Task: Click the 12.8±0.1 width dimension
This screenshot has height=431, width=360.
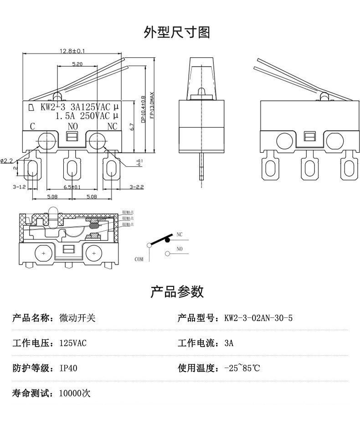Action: tap(73, 51)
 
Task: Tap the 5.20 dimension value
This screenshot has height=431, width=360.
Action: tap(77, 64)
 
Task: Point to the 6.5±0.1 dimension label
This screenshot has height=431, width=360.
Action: tap(72, 187)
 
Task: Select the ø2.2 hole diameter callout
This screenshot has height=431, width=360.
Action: tap(7, 160)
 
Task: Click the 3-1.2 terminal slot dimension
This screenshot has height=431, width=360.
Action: tap(19, 187)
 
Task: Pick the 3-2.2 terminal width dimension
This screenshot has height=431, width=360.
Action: tap(137, 187)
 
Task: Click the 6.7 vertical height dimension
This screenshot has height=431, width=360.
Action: tap(131, 127)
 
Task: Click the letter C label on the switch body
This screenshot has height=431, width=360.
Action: tap(33, 126)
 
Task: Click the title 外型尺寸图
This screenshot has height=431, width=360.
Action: tap(177, 32)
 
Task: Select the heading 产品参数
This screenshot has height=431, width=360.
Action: tap(177, 291)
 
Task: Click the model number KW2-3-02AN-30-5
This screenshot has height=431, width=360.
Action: tap(258, 318)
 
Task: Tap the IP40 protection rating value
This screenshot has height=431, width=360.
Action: tap(68, 368)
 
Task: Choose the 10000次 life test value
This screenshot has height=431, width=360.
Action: tap(75, 393)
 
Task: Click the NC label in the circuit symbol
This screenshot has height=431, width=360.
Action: tap(180, 234)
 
